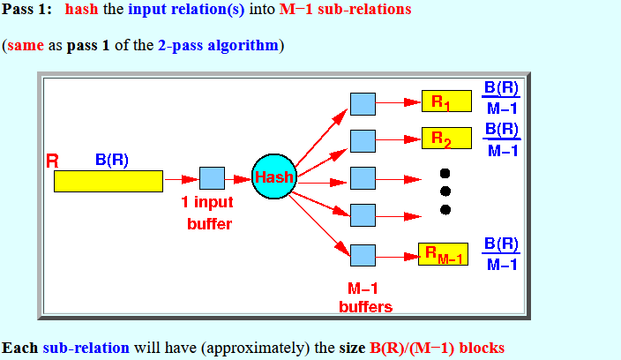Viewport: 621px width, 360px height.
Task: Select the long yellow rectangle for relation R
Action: click(108, 181)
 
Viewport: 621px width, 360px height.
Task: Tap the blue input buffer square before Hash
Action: click(212, 178)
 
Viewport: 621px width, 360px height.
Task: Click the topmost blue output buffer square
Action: click(363, 103)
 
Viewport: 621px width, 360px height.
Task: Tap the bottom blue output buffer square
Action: click(363, 255)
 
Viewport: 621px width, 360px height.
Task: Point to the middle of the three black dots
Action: click(445, 191)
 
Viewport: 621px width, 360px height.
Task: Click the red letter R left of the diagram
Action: click(53, 161)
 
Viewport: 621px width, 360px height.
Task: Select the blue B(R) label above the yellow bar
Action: click(112, 160)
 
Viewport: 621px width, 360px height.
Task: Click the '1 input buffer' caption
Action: click(209, 213)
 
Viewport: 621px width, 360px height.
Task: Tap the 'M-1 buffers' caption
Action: click(365, 297)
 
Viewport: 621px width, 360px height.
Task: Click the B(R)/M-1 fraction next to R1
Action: click(501, 98)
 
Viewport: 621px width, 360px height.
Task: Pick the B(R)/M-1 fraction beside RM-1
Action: click(500, 254)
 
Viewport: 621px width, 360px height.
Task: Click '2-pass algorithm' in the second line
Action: click(219, 44)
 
